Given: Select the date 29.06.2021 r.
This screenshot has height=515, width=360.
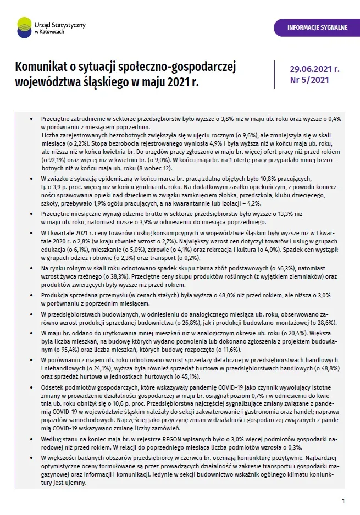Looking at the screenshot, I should pyautogui.click(x=314, y=69).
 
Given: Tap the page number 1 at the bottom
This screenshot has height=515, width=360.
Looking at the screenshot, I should pyautogui.click(x=343, y=501).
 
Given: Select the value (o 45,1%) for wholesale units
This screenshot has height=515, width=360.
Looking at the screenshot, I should pyautogui.click(x=172, y=376).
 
